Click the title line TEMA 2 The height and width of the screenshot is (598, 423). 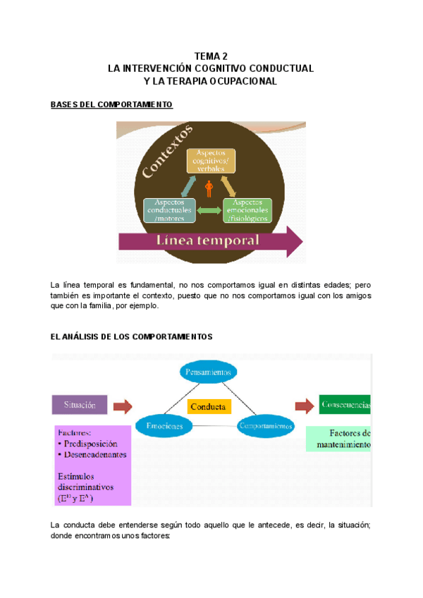[210, 56]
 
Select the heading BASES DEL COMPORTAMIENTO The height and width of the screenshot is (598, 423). [111, 104]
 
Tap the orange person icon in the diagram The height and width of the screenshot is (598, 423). [209, 188]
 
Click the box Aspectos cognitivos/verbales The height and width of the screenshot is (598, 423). [209, 161]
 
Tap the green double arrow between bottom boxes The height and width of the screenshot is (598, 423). [209, 211]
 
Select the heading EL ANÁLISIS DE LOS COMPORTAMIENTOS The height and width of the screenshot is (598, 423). [132, 337]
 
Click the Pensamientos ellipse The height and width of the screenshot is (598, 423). [208, 372]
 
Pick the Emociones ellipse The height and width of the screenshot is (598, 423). [164, 427]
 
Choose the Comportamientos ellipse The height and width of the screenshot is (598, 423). [265, 427]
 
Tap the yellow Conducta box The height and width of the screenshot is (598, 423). [208, 407]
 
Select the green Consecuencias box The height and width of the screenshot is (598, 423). [345, 405]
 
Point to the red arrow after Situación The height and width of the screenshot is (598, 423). [123, 406]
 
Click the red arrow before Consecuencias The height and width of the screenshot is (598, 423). [305, 405]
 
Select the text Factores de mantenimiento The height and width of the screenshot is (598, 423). [338, 439]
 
